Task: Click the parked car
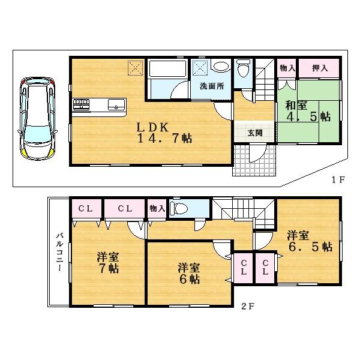(x=36, y=117)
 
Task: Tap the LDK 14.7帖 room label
(x=155, y=133)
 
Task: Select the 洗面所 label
(x=212, y=86)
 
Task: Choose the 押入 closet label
(x=320, y=69)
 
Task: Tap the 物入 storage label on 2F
(x=157, y=208)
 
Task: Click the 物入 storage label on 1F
(x=287, y=69)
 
